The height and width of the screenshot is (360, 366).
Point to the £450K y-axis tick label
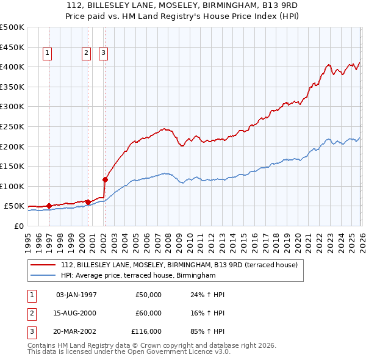12,47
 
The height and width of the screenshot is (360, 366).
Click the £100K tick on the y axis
12,186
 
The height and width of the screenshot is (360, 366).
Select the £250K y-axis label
12,126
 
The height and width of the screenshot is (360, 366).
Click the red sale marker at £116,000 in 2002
105,179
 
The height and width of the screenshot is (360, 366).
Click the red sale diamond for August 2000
88,202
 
